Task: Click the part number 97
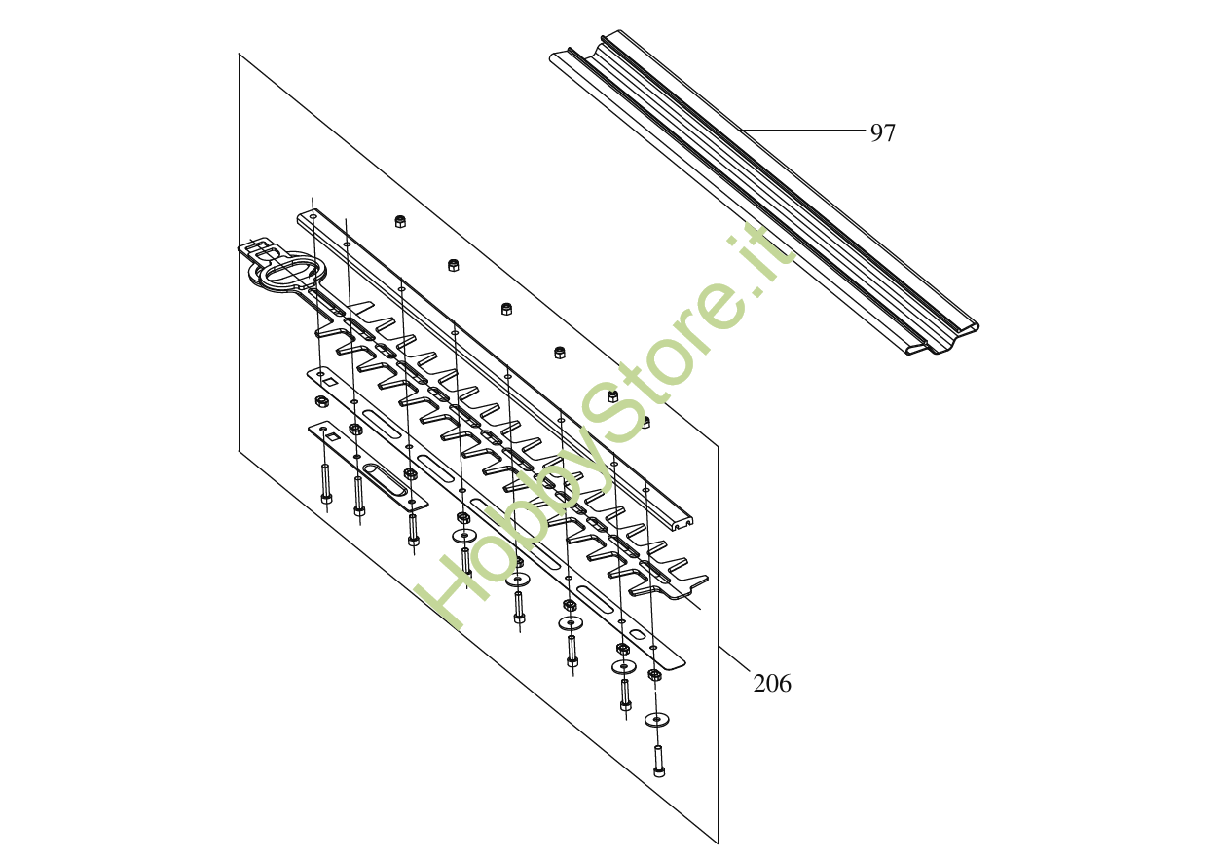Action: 882,133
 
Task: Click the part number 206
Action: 772,684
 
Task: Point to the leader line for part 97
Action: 803,129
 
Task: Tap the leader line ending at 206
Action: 735,659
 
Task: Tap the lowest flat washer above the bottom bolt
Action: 657,720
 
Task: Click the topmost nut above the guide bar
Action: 400,221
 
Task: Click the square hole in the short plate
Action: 333,436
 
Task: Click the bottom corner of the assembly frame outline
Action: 718,843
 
